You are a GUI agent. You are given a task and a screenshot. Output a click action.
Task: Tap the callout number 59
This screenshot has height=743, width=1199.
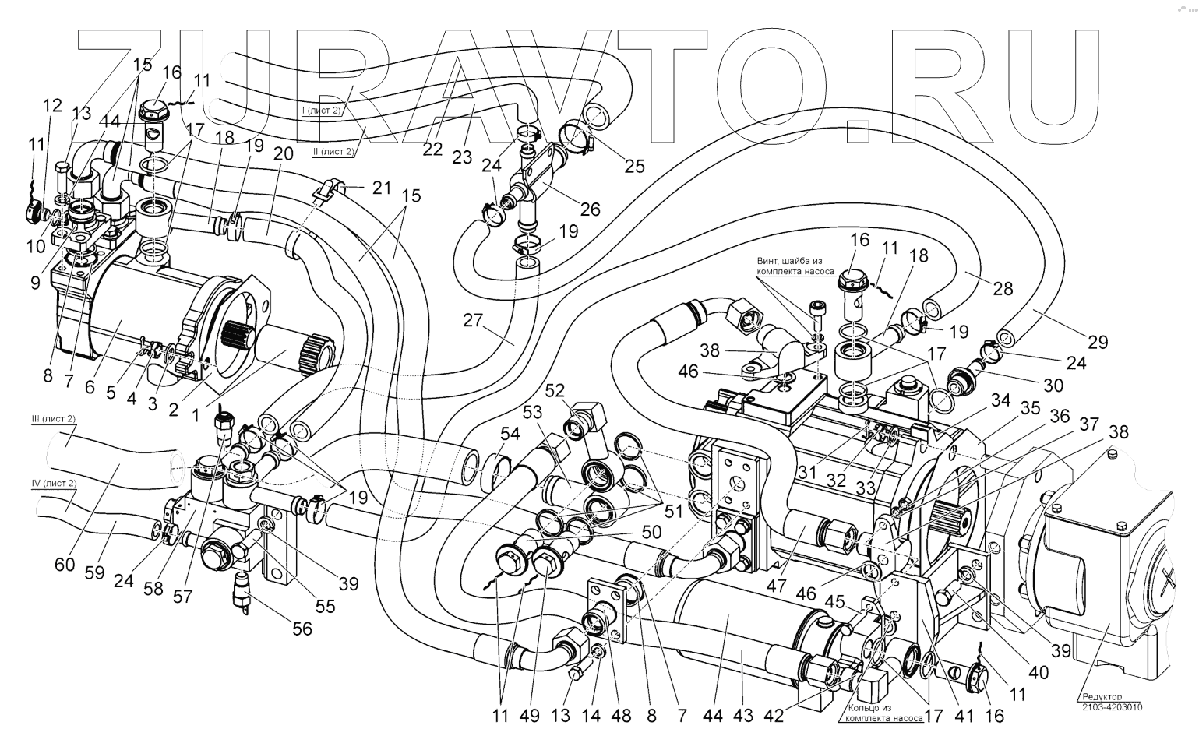[94, 572]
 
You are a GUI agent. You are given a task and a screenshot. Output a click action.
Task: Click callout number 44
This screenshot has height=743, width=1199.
[711, 715]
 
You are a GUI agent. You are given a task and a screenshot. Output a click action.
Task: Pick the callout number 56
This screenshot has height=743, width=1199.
[301, 628]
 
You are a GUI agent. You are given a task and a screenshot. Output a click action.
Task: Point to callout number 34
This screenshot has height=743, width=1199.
[1000, 400]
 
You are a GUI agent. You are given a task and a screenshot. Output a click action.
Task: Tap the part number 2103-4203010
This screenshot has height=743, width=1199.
[1112, 707]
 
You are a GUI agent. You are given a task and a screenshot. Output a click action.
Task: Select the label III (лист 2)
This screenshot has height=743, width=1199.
[54, 419]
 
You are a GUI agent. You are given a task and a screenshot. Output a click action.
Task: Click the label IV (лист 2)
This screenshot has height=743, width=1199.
[54, 483]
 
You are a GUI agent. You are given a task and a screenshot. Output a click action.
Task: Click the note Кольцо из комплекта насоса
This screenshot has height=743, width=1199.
[880, 713]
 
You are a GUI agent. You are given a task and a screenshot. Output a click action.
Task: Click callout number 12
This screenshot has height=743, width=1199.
[52, 105]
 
